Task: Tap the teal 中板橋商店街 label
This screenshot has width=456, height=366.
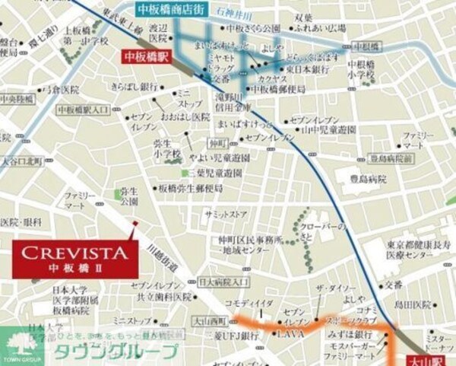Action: (x=173, y=10)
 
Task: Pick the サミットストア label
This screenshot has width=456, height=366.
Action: (x=226, y=215)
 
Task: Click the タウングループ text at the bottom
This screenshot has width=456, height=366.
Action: (x=114, y=352)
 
